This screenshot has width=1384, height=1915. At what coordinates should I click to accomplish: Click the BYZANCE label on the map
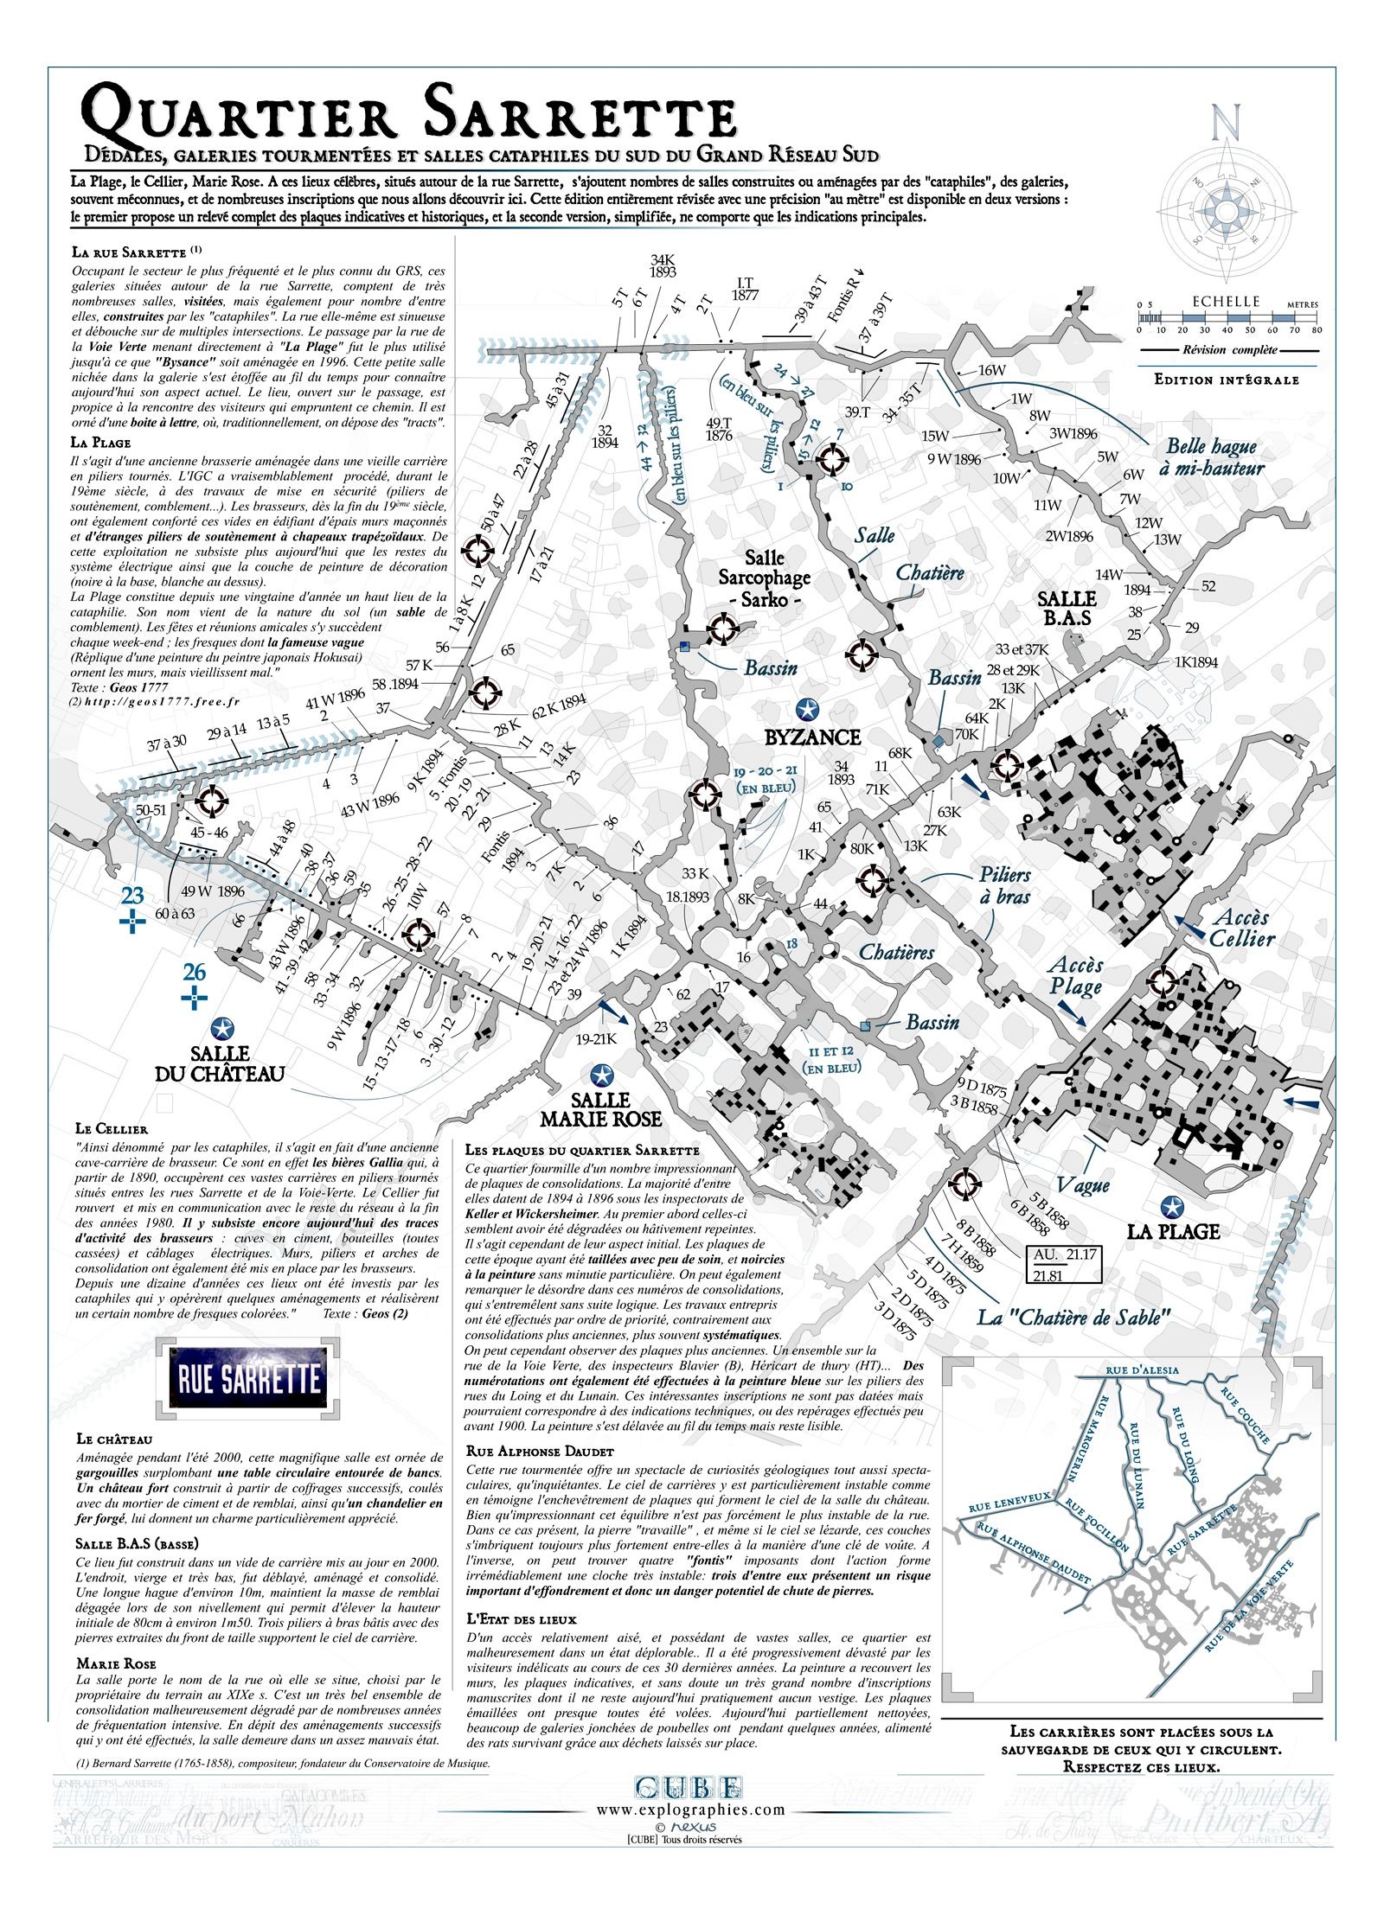point(812,737)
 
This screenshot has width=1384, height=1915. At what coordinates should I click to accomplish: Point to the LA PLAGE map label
point(1172,1231)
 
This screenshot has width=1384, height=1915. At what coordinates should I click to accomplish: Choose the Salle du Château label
point(220,1063)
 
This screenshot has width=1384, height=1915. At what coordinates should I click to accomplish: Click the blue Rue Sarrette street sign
point(249,1379)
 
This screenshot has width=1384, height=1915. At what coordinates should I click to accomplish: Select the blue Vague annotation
point(1082,1184)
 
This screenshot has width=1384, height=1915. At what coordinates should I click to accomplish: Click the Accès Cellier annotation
point(1240,928)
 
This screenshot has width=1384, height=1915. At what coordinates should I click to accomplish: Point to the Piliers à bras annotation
point(1005,885)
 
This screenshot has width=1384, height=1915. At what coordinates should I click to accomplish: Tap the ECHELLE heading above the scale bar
point(1226,302)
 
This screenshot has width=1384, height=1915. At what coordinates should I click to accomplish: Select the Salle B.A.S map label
point(1066,608)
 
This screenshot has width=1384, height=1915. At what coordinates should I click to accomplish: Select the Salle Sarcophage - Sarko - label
point(764,578)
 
